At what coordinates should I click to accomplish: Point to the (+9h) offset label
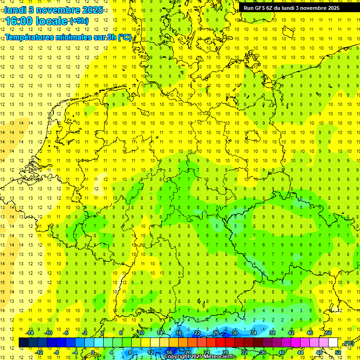pos(78,21)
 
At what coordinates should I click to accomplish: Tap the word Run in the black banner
pos(248,8)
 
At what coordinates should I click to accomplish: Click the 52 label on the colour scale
pos(338,352)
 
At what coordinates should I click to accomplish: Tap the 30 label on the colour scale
pos(234,333)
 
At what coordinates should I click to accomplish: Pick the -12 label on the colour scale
pos(39,352)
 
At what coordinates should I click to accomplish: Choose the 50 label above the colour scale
pos(329,333)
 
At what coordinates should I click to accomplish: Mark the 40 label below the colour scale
pos(281,352)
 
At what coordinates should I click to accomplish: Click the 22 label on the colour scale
pos(197,333)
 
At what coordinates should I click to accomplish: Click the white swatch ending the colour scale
pos(333,343)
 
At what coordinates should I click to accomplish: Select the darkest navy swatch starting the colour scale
pos(23,343)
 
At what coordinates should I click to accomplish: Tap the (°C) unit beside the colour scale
pos(348,343)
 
